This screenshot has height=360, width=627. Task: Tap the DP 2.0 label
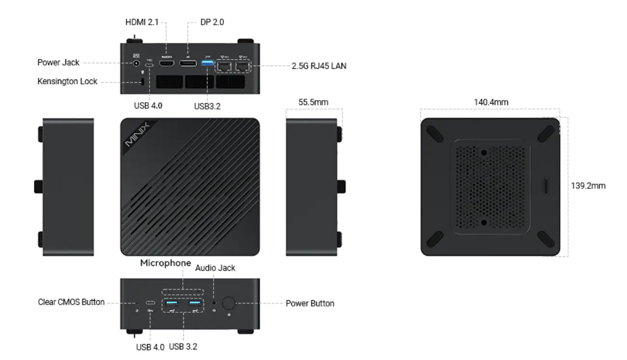coord(212,22)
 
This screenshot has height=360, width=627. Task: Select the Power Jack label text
coord(58,63)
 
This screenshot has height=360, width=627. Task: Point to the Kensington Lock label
coord(67,81)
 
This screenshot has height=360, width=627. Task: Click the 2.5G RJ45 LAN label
coord(319,67)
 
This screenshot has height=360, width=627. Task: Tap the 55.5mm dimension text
coord(314,102)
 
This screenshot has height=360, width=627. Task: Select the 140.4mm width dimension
coord(491,102)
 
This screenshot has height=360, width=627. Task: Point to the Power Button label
coord(310,304)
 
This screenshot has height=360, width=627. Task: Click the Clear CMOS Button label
coord(71,303)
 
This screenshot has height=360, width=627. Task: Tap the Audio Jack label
coord(215,268)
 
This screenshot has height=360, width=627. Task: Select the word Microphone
coord(165,263)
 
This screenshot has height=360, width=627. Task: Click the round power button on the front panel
coord(228,304)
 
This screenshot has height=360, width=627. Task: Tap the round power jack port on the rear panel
coord(136,63)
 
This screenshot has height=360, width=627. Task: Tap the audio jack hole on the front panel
coord(214,304)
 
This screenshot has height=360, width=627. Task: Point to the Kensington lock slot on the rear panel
coord(143,81)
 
